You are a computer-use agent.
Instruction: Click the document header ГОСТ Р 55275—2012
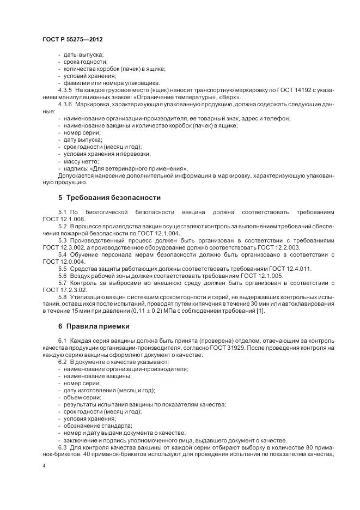click(x=72, y=40)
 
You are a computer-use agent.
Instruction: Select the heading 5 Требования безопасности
click(x=109, y=197)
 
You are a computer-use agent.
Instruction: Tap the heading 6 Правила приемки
click(x=94, y=326)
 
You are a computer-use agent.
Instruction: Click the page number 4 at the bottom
click(x=44, y=466)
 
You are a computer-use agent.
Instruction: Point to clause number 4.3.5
click(x=65, y=89)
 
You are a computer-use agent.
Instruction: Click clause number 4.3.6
click(x=65, y=103)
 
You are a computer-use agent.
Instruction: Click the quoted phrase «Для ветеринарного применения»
click(x=141, y=168)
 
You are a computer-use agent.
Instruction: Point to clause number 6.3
click(x=62, y=447)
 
